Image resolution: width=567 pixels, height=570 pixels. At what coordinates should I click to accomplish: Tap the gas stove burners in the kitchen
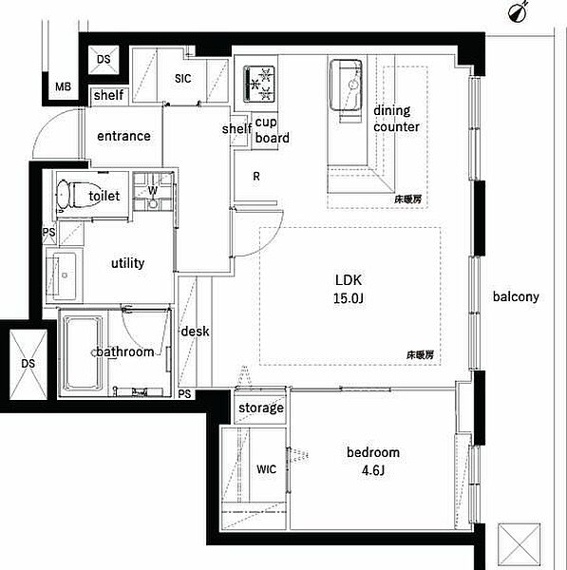click(258, 84)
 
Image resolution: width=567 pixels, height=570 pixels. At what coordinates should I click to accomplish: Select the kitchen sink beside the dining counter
click(346, 85)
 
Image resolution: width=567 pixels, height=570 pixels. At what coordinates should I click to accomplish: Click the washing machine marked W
click(153, 191)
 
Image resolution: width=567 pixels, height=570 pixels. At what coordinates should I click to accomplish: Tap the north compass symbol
click(519, 11)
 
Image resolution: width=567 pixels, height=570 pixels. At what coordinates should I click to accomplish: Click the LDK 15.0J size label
click(349, 289)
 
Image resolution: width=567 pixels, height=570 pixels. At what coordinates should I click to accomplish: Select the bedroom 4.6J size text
click(373, 462)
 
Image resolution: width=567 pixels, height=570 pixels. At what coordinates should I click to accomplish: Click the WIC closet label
click(267, 469)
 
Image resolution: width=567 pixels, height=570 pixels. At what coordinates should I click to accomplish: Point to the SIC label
click(182, 79)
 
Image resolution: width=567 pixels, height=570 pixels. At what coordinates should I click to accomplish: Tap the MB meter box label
click(64, 86)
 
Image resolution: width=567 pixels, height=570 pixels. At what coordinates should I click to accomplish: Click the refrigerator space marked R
click(256, 177)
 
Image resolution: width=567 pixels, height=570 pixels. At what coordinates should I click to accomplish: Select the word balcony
click(516, 296)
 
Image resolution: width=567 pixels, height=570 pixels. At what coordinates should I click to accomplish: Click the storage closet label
click(261, 408)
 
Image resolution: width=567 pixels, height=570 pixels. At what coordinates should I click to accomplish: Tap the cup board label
click(273, 130)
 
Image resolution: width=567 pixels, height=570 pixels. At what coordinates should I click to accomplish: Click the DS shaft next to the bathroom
click(28, 364)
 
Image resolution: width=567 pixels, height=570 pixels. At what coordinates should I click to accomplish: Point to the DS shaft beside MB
click(104, 59)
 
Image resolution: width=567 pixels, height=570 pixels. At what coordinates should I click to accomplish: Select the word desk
click(196, 332)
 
